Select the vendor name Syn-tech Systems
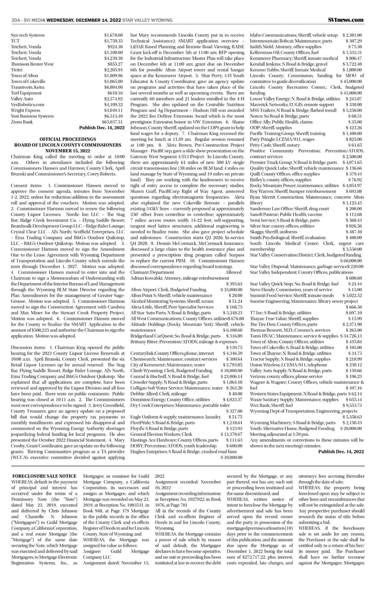point(28,35)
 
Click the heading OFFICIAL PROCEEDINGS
point(67,139)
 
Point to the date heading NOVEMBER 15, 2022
point(67,151)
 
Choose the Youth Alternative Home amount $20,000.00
point(350,428)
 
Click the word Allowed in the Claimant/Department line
point(234,272)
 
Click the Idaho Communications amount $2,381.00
point(352,35)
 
